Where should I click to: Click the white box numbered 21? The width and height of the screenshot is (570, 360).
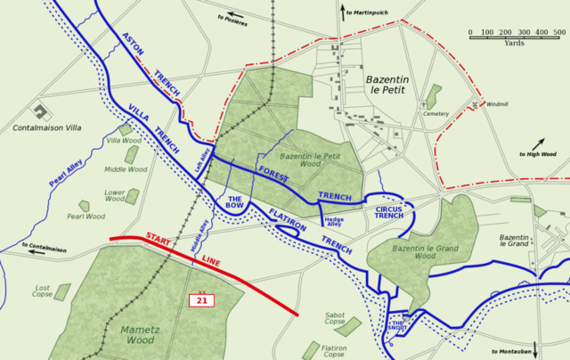point(203,301)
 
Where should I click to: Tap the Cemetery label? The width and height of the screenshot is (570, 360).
point(436,113)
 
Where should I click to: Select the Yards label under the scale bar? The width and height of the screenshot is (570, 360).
point(514,43)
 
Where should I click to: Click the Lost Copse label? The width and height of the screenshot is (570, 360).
point(43,291)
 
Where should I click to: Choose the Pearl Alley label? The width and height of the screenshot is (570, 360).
point(67,173)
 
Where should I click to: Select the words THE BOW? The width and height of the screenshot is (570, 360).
point(235,203)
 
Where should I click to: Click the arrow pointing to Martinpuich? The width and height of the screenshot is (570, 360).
point(342,11)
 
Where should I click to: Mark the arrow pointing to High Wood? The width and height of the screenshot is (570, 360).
point(539,143)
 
